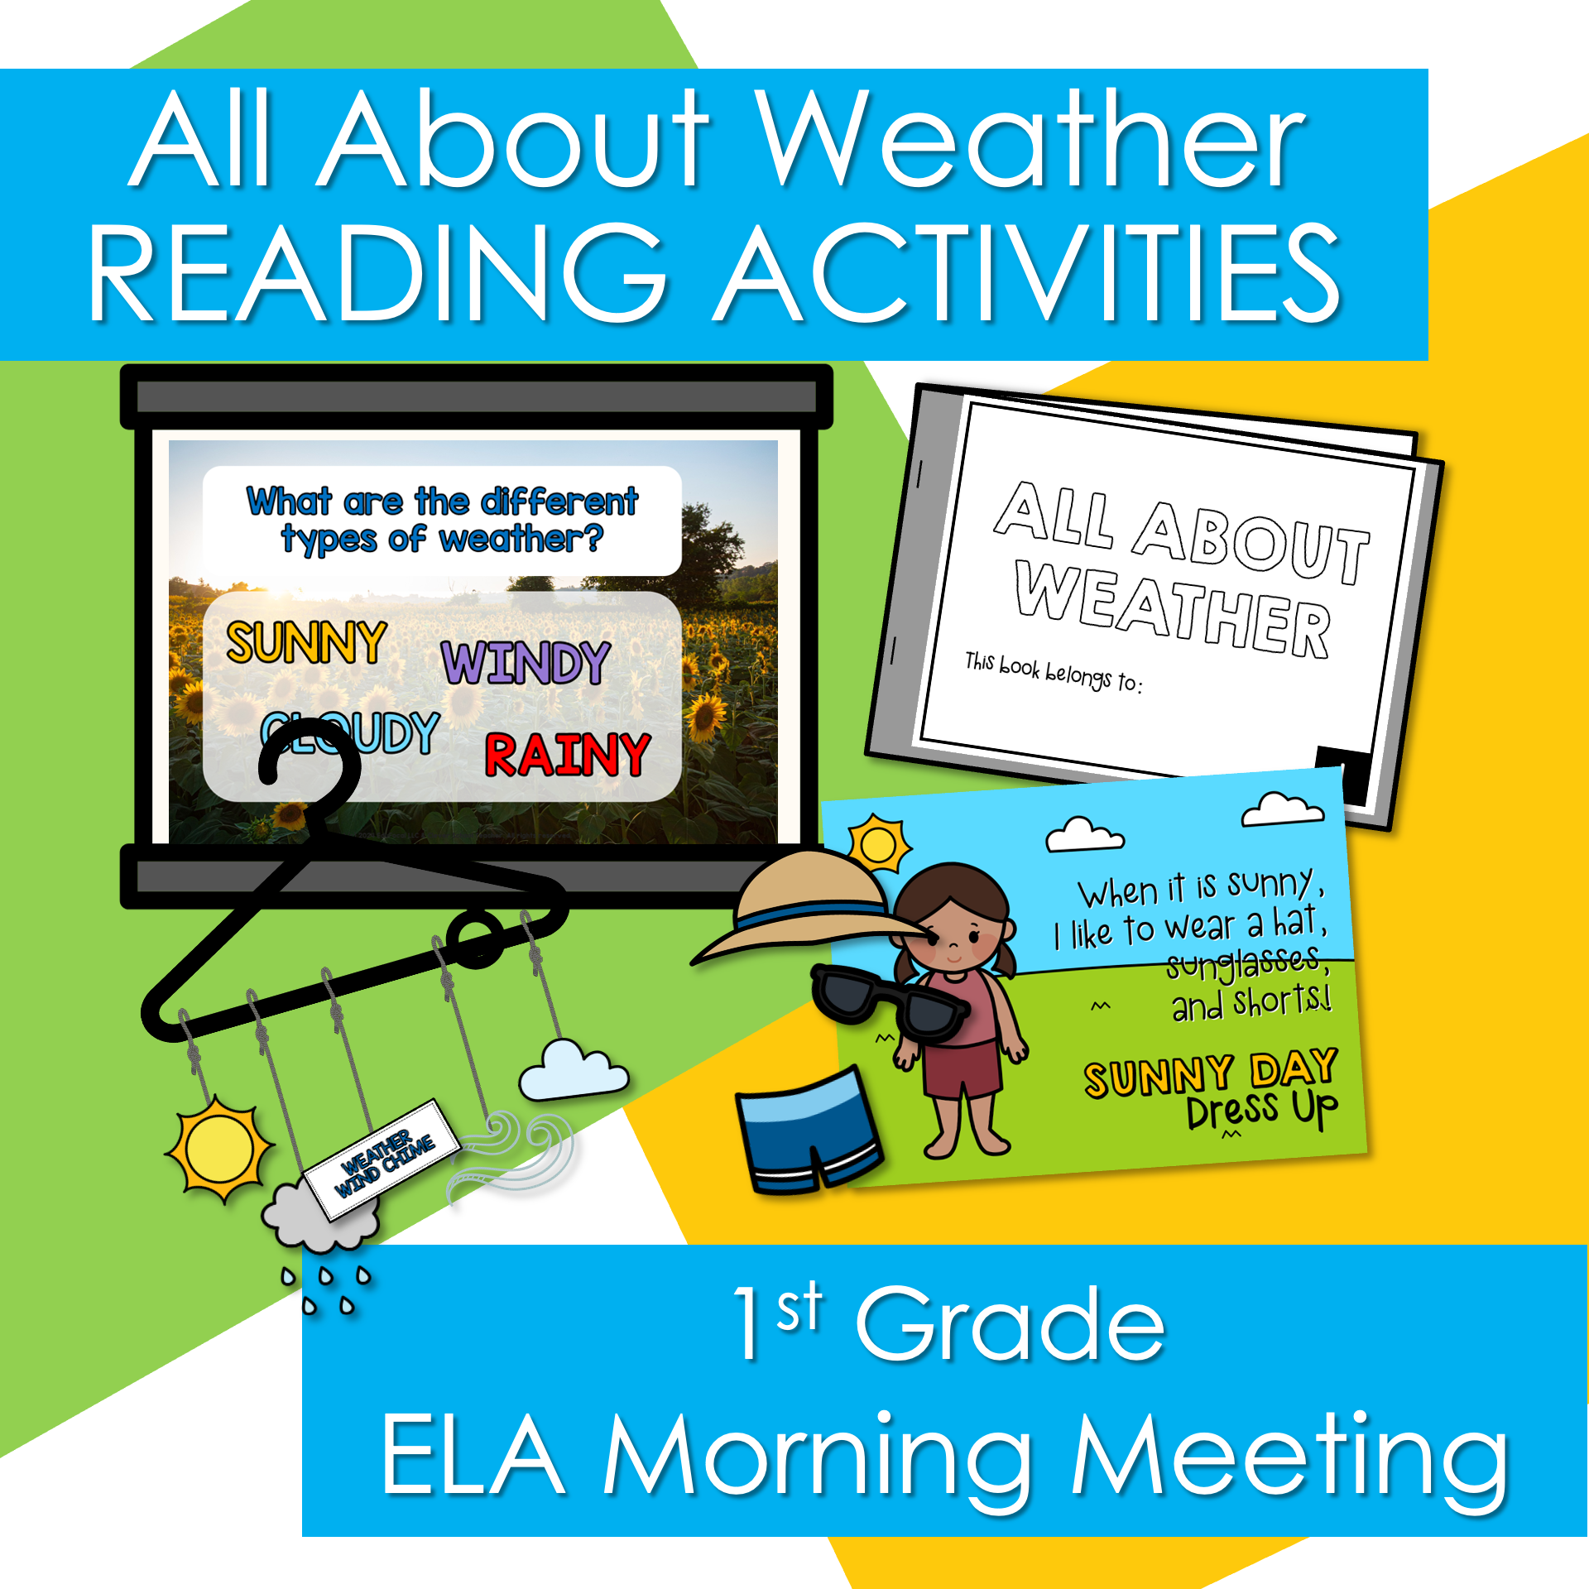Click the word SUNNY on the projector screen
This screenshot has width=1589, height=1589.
tap(306, 643)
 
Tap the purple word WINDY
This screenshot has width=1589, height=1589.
tap(526, 662)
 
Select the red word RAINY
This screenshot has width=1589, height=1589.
tap(567, 755)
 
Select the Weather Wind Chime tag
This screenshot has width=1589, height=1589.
tap(382, 1159)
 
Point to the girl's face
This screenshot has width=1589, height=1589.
tap(956, 931)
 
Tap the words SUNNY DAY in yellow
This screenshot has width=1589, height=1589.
tap(1210, 1073)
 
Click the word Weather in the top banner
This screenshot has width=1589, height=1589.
tap(1030, 141)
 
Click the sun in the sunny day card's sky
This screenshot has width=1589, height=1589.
tap(879, 844)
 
